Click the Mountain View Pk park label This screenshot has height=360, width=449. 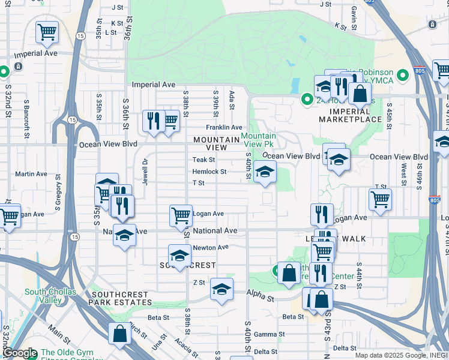point(259,140)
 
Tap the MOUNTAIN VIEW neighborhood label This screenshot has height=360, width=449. point(210,143)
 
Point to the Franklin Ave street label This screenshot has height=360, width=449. point(224,127)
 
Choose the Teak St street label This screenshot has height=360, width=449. point(203,160)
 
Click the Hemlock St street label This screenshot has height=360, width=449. point(209,172)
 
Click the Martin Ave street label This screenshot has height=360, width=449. point(31,174)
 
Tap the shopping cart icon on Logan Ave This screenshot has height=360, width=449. point(181,215)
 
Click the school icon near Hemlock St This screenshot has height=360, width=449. point(265,172)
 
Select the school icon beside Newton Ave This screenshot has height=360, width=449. point(179,256)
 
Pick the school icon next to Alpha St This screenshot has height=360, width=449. point(221,289)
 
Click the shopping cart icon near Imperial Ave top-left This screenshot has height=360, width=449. point(47,31)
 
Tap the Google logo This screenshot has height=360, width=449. point(20,353)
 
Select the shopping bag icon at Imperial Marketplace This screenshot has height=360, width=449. point(359,94)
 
